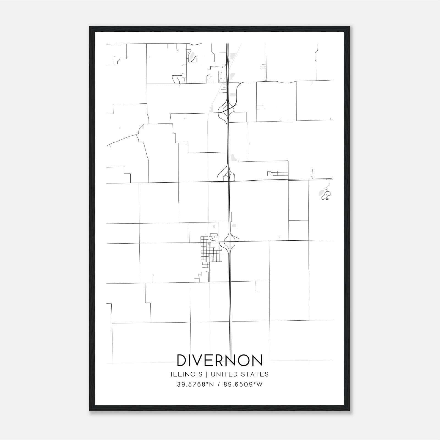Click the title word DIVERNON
pyautogui.click(x=219, y=361)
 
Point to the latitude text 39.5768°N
pyautogui.click(x=195, y=384)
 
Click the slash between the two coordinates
pyautogui.click(x=219, y=384)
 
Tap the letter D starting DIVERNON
pyautogui.click(x=183, y=361)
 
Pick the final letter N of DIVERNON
pyautogui.click(x=257, y=361)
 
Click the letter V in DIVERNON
pyautogui.click(x=202, y=361)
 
